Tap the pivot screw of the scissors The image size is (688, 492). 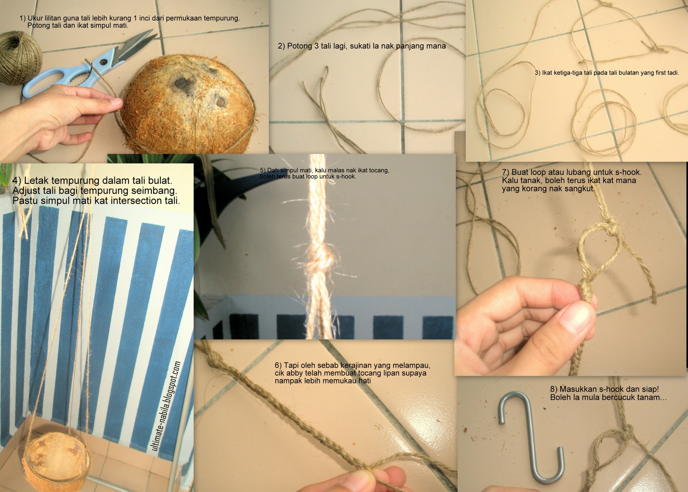point(102,62)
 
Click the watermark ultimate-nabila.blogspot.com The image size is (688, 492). point(166,406)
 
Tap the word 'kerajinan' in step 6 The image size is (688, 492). point(356,365)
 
